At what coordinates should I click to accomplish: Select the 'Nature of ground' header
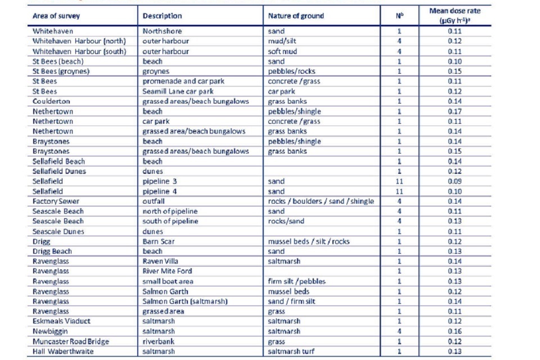(296, 16)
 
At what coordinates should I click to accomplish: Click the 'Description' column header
(163, 16)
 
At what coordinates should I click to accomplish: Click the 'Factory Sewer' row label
(56, 201)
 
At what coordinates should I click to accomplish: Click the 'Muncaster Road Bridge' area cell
(71, 341)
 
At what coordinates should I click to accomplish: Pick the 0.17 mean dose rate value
(454, 111)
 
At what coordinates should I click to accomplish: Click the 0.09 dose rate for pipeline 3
(454, 181)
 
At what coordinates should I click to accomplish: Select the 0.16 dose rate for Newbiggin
(454, 331)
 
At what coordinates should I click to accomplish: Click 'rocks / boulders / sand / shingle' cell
(321, 201)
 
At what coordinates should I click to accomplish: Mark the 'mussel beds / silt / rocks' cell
(309, 241)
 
